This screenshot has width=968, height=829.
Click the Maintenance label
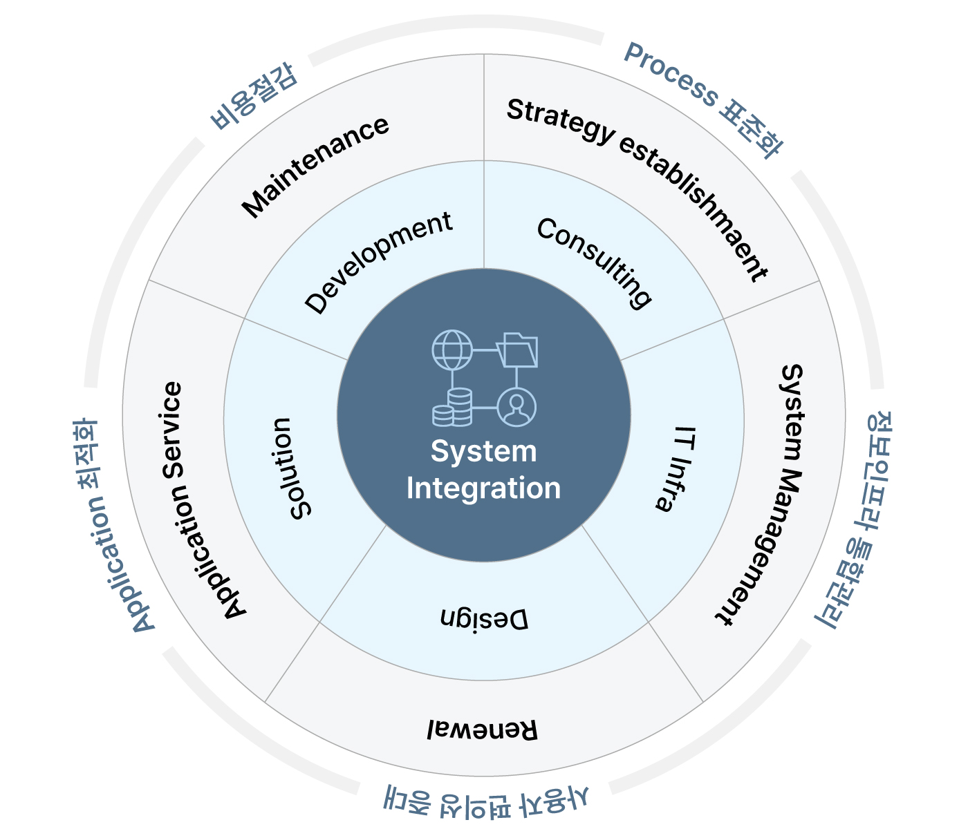[316, 166]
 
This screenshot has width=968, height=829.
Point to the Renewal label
[482, 730]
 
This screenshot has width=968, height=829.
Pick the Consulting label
[594, 262]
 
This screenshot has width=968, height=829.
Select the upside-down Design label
[484, 619]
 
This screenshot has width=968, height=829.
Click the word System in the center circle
[483, 451]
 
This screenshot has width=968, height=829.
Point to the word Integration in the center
[483, 488]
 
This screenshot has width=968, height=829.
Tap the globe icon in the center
[452, 350]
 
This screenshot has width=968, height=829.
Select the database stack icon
[452, 407]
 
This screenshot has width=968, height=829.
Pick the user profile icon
[516, 407]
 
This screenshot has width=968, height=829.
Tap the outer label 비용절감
[254, 97]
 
